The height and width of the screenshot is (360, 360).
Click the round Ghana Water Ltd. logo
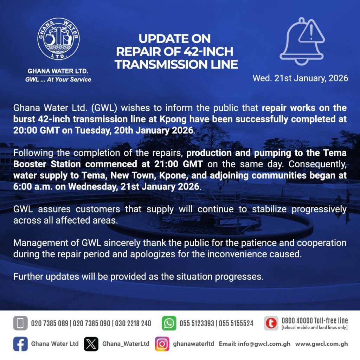pyautogui.click(x=58, y=39)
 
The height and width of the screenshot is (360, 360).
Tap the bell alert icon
pyautogui.click(x=302, y=41)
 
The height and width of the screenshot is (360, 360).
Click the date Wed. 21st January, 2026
pyautogui.click(x=300, y=78)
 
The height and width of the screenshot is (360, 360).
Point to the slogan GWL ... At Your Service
pyautogui.click(x=58, y=79)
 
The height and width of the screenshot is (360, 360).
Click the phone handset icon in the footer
pyautogui.click(x=20, y=323)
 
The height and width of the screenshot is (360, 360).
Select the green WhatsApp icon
pyautogui.click(x=169, y=323)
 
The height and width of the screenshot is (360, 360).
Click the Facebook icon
pyautogui.click(x=20, y=344)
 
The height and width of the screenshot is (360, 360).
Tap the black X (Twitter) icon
pyautogui.click(x=91, y=344)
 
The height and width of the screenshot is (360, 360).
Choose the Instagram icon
pyautogui.click(x=162, y=344)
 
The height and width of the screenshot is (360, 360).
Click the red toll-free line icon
pyautogui.click(x=271, y=323)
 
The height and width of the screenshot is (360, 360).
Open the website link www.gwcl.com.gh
pyautogui.click(x=321, y=344)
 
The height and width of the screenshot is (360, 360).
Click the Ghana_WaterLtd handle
pyautogui.click(x=126, y=344)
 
